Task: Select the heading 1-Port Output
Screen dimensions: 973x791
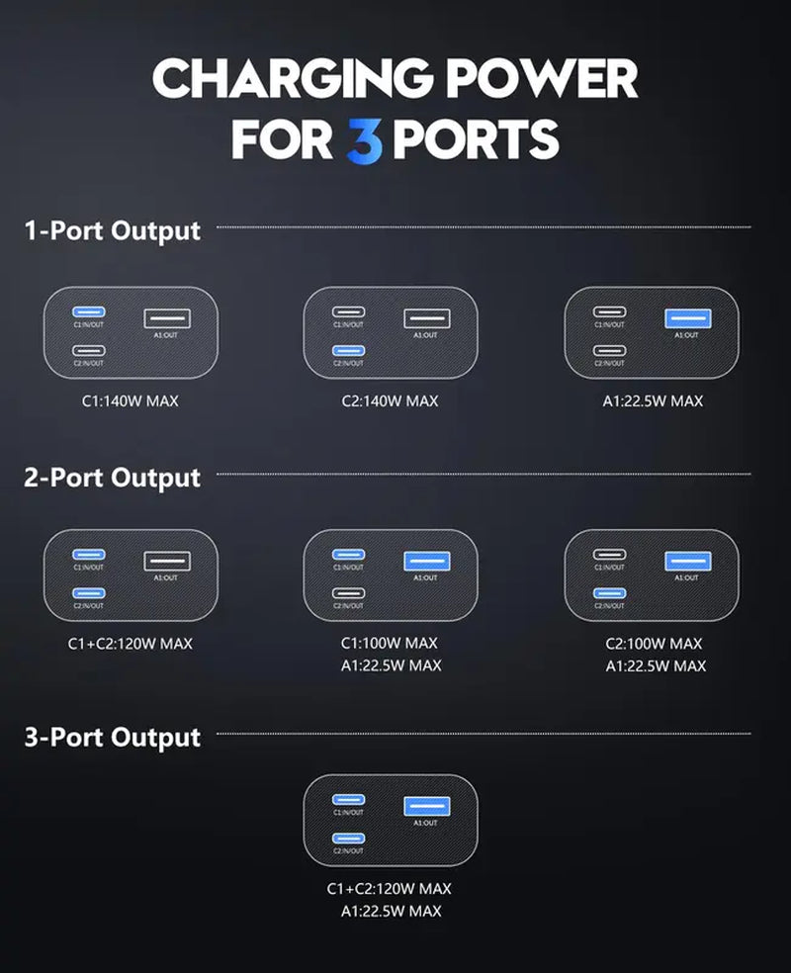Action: [112, 230]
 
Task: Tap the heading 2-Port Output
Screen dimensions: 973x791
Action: [112, 478]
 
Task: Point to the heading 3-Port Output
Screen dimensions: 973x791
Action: [112, 737]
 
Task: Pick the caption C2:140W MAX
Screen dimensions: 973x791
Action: [390, 401]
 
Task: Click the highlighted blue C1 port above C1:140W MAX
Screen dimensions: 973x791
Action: [89, 312]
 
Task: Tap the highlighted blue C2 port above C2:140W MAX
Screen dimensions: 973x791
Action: [348, 350]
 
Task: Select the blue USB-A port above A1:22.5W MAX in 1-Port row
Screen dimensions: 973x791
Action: [686, 318]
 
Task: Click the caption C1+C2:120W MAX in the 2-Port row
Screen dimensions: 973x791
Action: [131, 644]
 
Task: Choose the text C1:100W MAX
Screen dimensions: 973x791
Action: [390, 644]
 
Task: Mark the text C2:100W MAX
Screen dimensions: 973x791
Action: [656, 644]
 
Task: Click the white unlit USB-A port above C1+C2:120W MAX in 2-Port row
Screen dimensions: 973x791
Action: [166, 561]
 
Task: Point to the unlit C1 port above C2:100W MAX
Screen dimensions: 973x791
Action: [609, 555]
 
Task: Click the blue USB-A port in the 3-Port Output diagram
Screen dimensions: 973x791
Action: [426, 806]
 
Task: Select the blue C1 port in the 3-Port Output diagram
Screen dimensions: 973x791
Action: [348, 799]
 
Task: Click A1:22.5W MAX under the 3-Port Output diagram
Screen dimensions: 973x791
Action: [390, 911]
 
